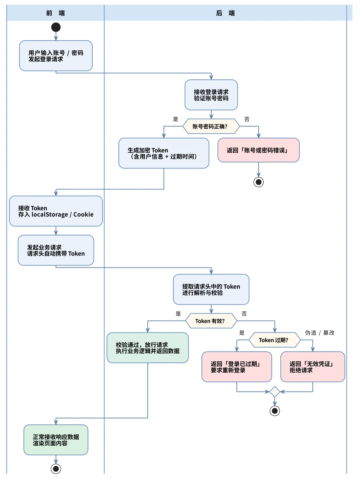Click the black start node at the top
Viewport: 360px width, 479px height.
point(56,27)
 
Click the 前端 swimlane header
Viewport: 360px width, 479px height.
point(55,13)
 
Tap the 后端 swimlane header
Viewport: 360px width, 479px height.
point(225,13)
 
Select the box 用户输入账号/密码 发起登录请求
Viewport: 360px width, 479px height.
point(56,56)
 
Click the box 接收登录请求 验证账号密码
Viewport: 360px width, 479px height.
point(211,95)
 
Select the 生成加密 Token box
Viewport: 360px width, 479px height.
point(164,153)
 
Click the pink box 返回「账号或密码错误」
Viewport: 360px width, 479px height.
point(258,150)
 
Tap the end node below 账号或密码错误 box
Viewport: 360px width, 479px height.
point(258,182)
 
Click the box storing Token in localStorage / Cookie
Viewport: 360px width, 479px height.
point(56,211)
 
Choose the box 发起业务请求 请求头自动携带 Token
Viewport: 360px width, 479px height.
point(56,251)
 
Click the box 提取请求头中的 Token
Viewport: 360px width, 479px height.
point(211,290)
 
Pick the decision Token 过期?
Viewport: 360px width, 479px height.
point(274,340)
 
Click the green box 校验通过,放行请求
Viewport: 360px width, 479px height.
point(147,348)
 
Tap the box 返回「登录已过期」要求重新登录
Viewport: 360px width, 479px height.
point(237,367)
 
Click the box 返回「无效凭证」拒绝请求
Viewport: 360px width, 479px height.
point(312,367)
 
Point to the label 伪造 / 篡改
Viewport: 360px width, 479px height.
point(319,333)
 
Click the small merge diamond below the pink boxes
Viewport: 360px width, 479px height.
point(274,392)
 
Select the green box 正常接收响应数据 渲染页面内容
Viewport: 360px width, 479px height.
point(56,440)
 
